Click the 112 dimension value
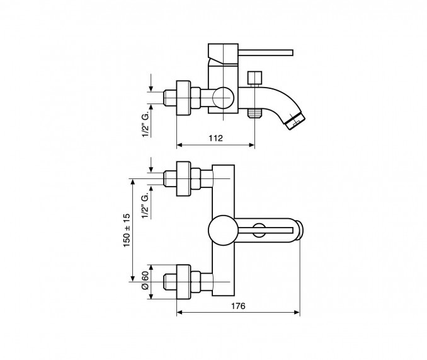[215, 138]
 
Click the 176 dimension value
[238, 306]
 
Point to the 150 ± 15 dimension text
[127, 230]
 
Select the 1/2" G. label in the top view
[145, 124]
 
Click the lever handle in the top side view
[266, 52]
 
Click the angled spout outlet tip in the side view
[296, 120]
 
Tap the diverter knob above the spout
[254, 78]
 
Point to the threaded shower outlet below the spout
[254, 113]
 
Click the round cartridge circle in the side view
[223, 98]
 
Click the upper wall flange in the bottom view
[183, 179]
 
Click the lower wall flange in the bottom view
[183, 282]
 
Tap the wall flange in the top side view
[183, 98]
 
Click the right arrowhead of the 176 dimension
[297, 313]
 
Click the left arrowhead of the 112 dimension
[179, 145]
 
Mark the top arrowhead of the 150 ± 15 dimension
[133, 182]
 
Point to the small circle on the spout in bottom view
[258, 230]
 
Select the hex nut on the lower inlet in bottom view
[195, 282]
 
